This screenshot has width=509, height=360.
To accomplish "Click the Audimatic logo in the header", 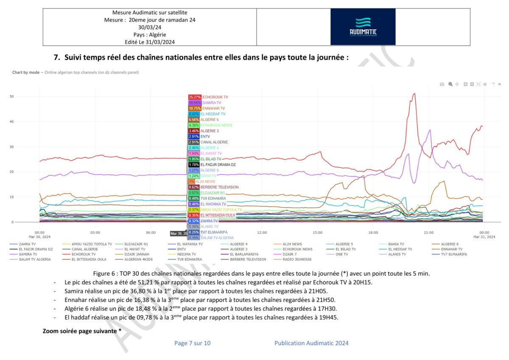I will [363, 27].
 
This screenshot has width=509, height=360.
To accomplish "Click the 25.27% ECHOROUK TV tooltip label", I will [208, 97].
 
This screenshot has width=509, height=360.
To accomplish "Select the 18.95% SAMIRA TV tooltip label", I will [205, 103].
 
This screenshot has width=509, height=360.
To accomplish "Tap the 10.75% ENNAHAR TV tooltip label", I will [207, 108].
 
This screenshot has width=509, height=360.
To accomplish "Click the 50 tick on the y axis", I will [12, 96].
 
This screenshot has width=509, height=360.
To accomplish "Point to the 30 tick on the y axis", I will [12, 147].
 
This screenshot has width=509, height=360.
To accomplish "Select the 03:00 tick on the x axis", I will [95, 233].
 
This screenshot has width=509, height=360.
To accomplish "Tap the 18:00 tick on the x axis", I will [373, 233].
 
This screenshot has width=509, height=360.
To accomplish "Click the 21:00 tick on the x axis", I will [429, 233].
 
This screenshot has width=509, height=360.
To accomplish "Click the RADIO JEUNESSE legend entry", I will [297, 259].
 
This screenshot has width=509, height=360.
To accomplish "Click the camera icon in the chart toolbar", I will [442, 84].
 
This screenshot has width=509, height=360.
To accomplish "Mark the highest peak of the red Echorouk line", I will [414, 94].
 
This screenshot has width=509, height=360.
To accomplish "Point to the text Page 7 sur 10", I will [192, 343].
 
